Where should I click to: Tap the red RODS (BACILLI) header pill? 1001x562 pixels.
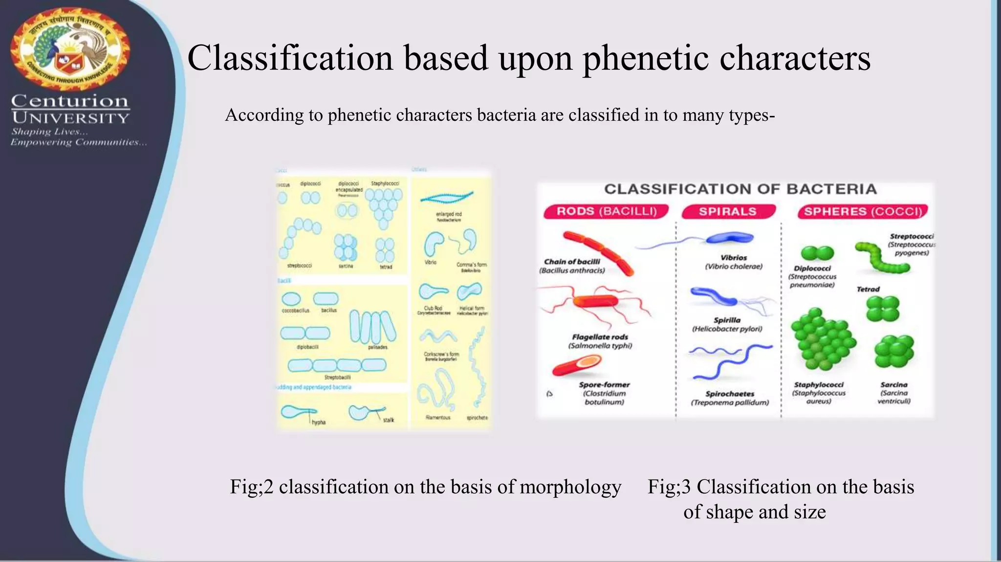click(606, 211)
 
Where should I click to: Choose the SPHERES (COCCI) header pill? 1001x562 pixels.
click(863, 211)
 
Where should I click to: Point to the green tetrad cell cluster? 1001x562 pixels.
click(882, 309)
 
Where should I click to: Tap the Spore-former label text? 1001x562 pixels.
click(604, 384)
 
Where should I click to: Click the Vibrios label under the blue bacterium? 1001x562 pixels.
click(734, 258)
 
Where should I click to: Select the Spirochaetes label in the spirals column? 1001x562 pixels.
click(730, 394)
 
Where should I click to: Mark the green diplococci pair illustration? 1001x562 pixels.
click(817, 253)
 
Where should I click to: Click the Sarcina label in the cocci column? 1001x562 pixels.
click(894, 385)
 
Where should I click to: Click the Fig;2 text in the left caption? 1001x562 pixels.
click(251, 487)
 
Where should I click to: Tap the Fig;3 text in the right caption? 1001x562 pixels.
click(669, 487)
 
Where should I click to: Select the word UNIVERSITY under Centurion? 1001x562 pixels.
click(70, 118)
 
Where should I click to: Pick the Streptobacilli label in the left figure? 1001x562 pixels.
click(338, 377)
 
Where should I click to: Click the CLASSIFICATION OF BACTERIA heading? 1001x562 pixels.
click(740, 189)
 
